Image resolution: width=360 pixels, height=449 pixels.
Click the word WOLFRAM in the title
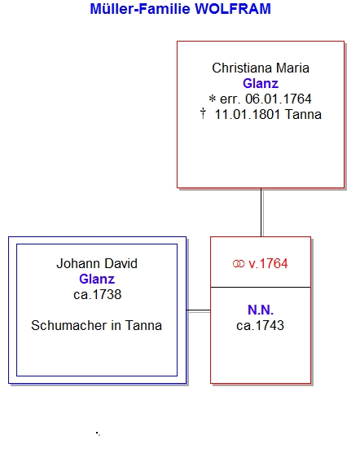pos(233,9)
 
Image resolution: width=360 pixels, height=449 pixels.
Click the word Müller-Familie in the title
pos(140,9)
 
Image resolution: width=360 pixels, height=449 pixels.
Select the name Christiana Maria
pos(261,68)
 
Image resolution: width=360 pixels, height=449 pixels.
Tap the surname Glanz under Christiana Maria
pos(261,84)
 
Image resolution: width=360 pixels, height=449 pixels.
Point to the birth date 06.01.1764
pos(279,99)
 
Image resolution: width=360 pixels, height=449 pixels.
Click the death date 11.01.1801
pos(248,115)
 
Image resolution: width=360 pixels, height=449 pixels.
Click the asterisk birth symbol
pos(212,99)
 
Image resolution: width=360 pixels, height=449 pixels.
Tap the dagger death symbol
pos(203,113)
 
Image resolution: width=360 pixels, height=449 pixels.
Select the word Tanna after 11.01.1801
pos(303,115)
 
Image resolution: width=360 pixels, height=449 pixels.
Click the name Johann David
pos(97,263)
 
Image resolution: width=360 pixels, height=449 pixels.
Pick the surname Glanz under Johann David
pos(97,279)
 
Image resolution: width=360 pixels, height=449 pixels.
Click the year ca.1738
pos(97,295)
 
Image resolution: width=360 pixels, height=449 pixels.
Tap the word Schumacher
pos(68,326)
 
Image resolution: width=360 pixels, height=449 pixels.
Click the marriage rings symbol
pos(239,264)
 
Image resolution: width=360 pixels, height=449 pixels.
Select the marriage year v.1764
pos(268,264)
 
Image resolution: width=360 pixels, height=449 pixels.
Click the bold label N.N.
pos(261,310)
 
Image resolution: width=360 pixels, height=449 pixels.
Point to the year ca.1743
pos(260,326)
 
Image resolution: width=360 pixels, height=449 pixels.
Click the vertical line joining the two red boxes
pos(261,213)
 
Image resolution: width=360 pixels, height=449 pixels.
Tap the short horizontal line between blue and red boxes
pos(199,310)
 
